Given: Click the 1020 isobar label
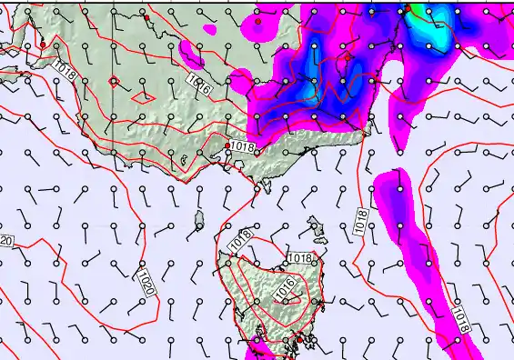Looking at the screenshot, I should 146,283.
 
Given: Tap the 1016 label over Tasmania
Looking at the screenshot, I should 284,289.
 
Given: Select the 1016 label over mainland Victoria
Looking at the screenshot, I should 199,85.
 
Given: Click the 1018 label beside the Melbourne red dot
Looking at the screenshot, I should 242,147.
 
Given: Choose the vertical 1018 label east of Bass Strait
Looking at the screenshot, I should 361,219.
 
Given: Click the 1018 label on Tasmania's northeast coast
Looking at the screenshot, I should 300,259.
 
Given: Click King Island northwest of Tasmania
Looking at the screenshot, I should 199,220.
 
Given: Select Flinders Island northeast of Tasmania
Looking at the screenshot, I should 317,227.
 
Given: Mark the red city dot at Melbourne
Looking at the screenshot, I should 227,145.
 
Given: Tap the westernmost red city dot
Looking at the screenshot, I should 42,45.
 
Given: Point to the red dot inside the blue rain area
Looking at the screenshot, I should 348,56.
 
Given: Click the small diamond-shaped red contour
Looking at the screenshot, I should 114,81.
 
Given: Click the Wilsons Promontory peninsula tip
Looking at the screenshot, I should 267,188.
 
